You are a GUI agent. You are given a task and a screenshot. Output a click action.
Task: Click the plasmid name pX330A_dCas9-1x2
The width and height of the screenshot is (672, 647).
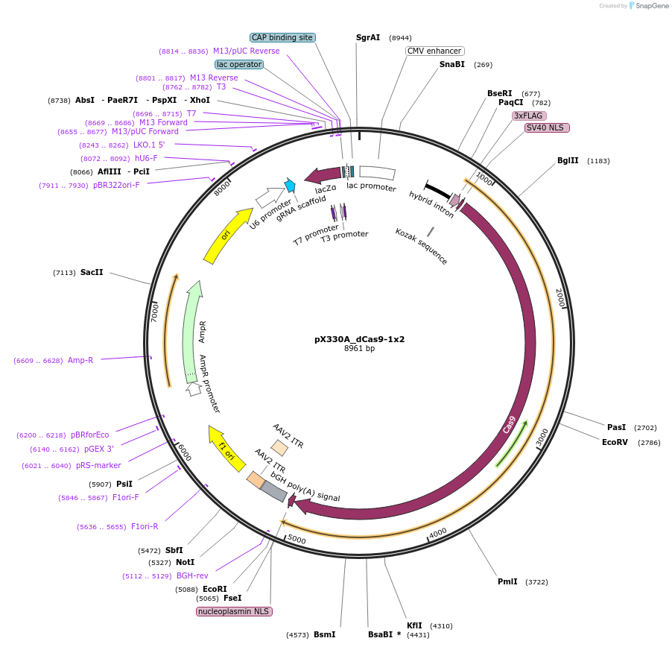tap(359, 338)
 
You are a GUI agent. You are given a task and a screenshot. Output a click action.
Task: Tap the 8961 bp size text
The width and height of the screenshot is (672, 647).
tap(359, 348)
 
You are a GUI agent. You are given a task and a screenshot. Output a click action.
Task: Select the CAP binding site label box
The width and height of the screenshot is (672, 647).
tap(282, 37)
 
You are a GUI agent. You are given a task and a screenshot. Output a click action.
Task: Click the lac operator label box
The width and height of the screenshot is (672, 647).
tap(239, 64)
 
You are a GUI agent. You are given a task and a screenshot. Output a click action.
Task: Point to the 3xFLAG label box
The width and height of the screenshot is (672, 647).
tap(529, 116)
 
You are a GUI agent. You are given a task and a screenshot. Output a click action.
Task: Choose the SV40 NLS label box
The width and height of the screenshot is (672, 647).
tap(547, 127)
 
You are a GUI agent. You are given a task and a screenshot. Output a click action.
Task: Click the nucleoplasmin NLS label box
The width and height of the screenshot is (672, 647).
tap(234, 611)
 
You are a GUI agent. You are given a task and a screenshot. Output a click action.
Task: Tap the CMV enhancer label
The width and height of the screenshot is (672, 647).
tap(434, 51)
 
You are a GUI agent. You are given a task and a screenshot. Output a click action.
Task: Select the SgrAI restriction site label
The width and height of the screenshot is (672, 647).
tap(368, 37)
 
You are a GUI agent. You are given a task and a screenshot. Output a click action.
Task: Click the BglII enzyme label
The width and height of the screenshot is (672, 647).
tap(568, 160)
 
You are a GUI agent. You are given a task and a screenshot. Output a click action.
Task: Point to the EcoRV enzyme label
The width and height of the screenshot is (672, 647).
tap(615, 442)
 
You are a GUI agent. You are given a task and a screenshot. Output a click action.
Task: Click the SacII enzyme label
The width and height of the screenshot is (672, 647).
tap(92, 272)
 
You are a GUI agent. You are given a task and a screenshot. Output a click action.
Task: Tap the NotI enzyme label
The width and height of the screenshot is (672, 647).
tap(185, 562)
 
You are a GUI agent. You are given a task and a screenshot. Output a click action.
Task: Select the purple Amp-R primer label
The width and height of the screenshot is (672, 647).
tap(80, 360)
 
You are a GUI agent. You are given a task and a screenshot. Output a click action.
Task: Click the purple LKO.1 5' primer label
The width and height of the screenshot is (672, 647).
tap(149, 145)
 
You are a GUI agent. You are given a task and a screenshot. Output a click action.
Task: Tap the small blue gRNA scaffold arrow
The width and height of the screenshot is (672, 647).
tap(290, 186)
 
